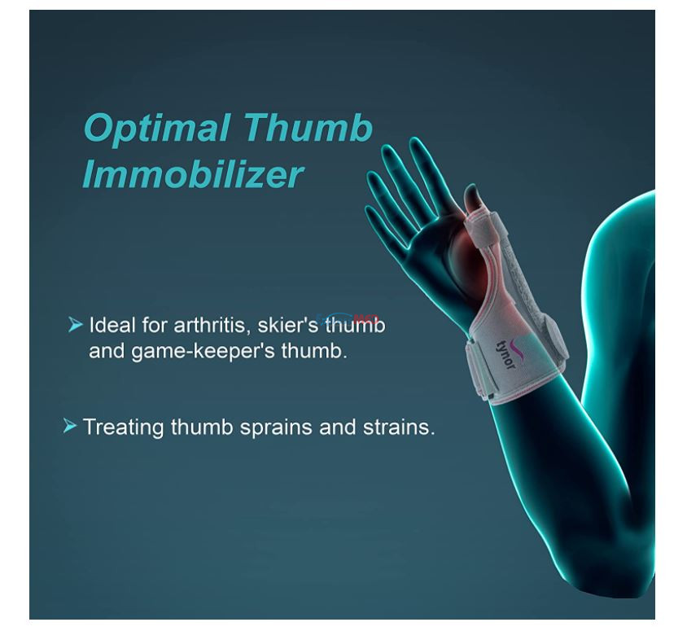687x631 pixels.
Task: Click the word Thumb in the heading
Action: tap(308, 128)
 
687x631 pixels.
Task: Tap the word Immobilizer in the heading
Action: tap(192, 174)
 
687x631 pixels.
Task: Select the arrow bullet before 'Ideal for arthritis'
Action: tap(76, 325)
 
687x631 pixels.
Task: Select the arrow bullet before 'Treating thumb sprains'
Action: tap(70, 426)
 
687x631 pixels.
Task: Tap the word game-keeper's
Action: tap(203, 352)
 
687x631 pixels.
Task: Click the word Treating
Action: tap(123, 427)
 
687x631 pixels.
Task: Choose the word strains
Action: tap(399, 427)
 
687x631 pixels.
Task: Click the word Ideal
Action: tap(112, 325)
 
